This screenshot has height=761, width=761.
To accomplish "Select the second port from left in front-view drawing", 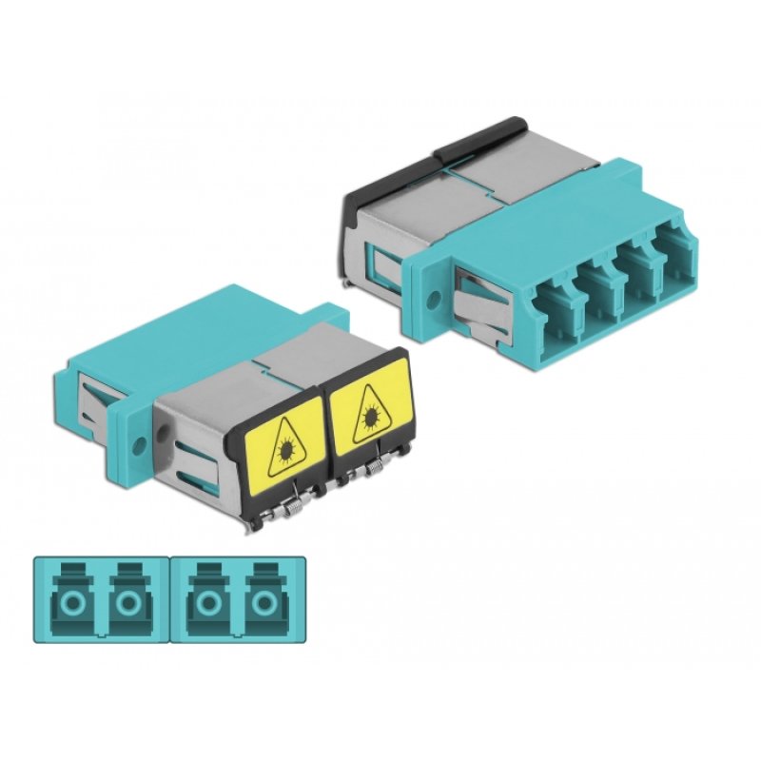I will click(127, 600).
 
